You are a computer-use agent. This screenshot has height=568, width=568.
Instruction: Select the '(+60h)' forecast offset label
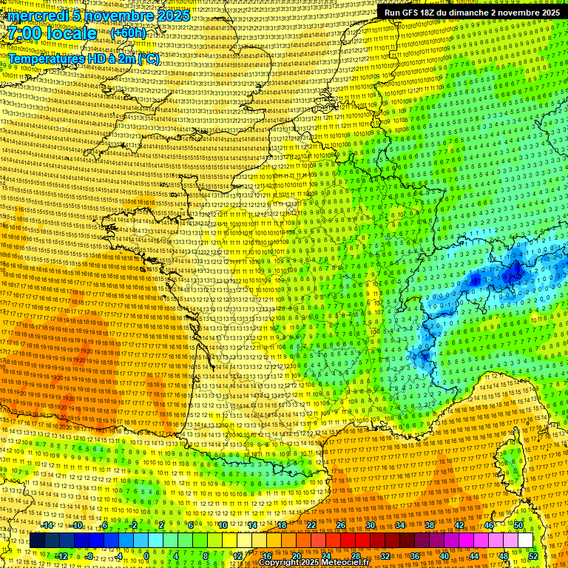point(128,33)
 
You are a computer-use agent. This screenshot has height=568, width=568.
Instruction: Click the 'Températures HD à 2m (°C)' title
point(83,58)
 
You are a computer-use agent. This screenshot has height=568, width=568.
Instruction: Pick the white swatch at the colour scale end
point(525,541)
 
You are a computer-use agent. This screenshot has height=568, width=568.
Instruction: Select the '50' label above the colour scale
point(518,525)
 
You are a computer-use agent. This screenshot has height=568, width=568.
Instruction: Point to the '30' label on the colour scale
point(371,525)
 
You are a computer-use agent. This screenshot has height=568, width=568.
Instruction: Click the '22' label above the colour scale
point(311,525)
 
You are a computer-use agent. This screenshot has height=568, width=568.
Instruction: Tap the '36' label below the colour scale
point(415,555)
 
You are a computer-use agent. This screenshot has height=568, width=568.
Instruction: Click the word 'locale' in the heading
point(70,33)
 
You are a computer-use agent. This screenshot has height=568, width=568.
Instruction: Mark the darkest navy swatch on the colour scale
point(37,541)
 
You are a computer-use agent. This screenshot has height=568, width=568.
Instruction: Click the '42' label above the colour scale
point(459,525)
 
